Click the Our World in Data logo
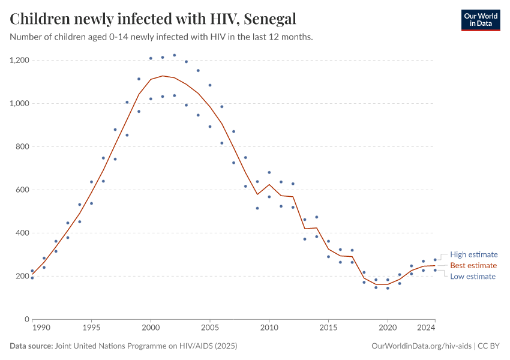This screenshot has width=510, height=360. pyautogui.click(x=480, y=20)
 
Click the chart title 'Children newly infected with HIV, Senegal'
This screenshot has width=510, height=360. pyautogui.click(x=153, y=19)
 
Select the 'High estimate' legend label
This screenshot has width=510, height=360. pyautogui.click(x=473, y=254)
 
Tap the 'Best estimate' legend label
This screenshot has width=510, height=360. pyautogui.click(x=473, y=265)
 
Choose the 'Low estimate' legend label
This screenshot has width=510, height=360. pyautogui.click(x=473, y=277)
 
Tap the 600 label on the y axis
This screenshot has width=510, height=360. pyautogui.click(x=22, y=190)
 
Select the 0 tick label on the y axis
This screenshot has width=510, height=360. pyautogui.click(x=27, y=319)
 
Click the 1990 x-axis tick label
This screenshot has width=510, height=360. pyautogui.click(x=41, y=328)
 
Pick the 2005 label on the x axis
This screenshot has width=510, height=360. pyautogui.click(x=210, y=328)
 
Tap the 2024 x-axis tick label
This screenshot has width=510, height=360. pyautogui.click(x=426, y=328)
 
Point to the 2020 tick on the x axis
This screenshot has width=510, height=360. pyautogui.click(x=388, y=328)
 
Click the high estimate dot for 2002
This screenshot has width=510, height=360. pyautogui.click(x=175, y=55)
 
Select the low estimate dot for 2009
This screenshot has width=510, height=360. pyautogui.click(x=257, y=208)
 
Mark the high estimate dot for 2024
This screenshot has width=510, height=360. pyautogui.click(x=435, y=260)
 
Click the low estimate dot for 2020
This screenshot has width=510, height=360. pyautogui.click(x=388, y=288)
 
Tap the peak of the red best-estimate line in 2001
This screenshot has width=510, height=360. pyautogui.click(x=163, y=76)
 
